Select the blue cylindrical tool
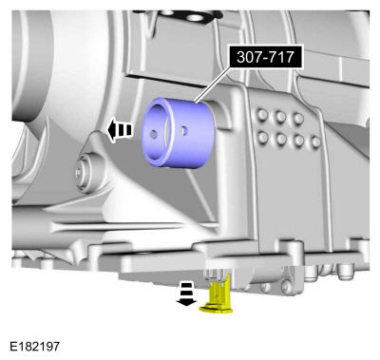tap(179, 136)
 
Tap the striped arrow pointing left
tap(120, 130)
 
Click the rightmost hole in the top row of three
tap(297, 119)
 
